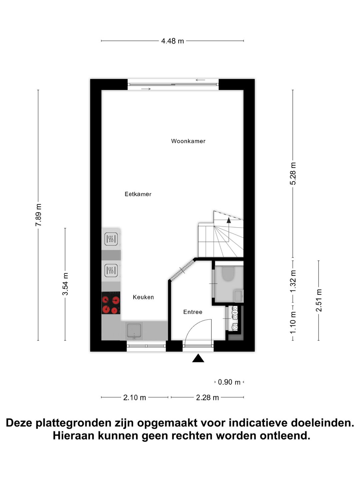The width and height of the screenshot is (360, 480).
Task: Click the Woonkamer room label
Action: point(188,141)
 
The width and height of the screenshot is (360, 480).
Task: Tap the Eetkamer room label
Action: point(138,194)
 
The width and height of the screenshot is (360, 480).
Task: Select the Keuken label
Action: point(143,297)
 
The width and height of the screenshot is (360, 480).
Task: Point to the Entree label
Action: point(193,312)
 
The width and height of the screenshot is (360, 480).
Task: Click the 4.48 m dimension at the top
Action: point(172,41)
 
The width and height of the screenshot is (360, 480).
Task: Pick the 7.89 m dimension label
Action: point(38,215)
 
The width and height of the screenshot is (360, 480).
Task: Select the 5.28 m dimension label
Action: point(293,173)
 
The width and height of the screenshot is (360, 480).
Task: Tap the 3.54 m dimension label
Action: point(65,284)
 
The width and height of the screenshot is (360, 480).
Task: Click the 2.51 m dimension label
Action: point(319,300)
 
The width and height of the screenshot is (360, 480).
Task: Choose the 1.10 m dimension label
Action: point(293,322)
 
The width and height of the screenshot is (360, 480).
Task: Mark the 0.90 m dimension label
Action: point(229,382)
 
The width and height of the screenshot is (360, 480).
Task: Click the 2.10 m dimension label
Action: point(135,397)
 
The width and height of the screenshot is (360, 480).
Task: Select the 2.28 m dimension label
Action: point(207,397)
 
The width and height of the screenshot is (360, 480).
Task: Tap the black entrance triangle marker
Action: point(198,358)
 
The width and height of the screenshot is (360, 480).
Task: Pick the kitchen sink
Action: point(134,331)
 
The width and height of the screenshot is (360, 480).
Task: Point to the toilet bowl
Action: point(229,273)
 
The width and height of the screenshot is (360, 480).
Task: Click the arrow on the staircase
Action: point(229,220)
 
